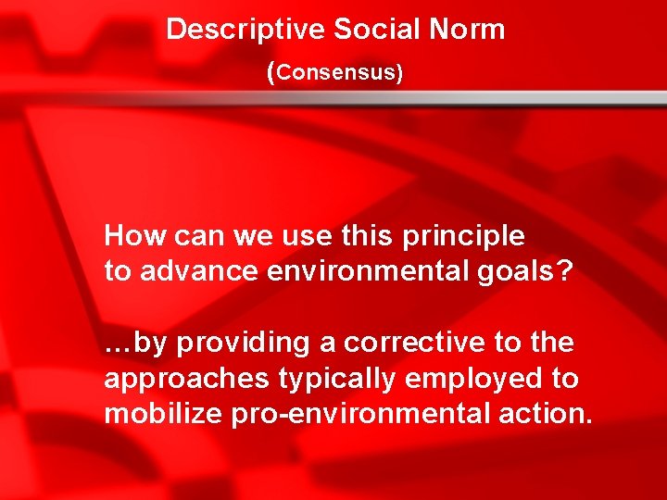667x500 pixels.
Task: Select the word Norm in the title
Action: click(x=467, y=30)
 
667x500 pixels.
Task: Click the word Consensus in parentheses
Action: click(x=336, y=73)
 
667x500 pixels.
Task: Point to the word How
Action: click(x=129, y=236)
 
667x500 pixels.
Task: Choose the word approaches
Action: click(x=183, y=380)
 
